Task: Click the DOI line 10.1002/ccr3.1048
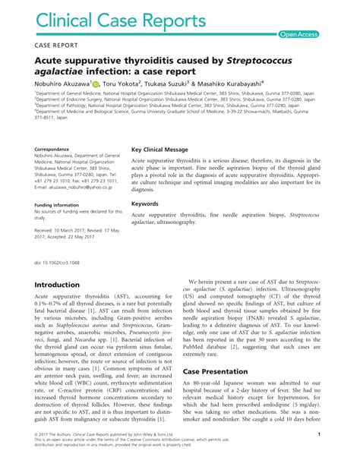click(x=62, y=262)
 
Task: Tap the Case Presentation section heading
click(x=220, y=371)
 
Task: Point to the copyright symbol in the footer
click(x=37, y=455)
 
